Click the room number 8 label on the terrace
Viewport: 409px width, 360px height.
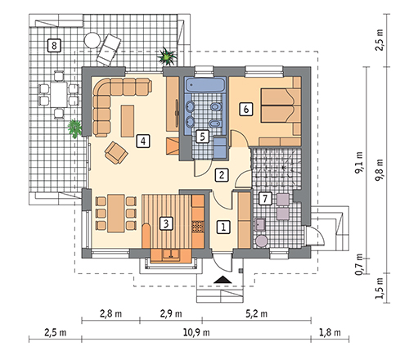coord(54,44)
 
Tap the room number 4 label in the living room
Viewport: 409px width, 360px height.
coord(143,140)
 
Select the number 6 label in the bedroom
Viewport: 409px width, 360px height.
coord(245,107)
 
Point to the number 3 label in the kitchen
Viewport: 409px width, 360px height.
coord(166,222)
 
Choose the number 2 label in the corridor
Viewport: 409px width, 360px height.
coord(220,174)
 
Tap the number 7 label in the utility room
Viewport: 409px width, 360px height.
coord(263,199)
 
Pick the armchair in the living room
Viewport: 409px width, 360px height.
coord(115,151)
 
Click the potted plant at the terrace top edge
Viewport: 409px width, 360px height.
coord(169,56)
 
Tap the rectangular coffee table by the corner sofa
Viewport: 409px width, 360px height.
coord(128,120)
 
